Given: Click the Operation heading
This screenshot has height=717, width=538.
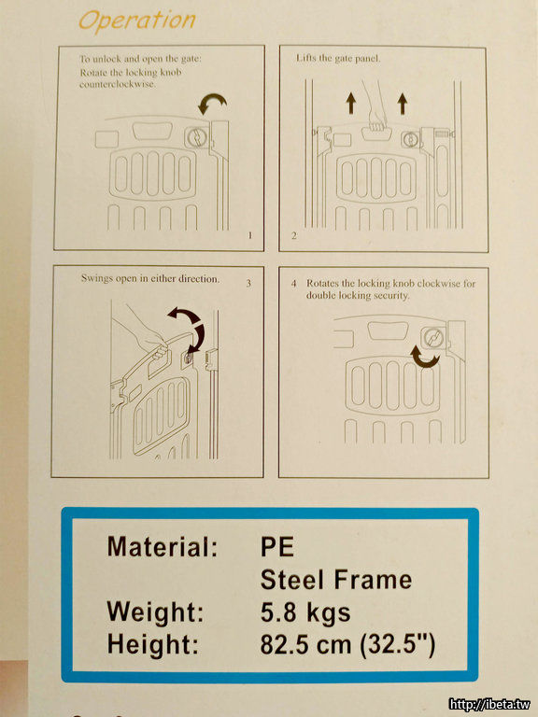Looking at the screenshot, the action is point(136,21).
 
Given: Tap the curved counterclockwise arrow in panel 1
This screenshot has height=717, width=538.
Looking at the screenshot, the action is point(211,102).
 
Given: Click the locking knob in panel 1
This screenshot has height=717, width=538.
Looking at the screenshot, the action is point(196,136).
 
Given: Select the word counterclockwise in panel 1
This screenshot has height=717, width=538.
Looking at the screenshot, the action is point(117,85).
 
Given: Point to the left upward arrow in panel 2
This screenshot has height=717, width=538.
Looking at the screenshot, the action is point(351,103).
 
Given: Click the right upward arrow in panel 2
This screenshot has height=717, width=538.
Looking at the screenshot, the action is point(403,104).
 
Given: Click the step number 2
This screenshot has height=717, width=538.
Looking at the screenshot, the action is point(293,235).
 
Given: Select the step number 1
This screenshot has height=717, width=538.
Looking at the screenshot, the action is point(249,235).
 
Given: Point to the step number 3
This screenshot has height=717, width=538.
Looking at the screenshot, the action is point(248,283).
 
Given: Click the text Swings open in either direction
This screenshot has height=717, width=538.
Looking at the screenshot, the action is point(150,278).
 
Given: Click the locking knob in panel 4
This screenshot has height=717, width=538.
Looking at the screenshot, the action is point(432,338).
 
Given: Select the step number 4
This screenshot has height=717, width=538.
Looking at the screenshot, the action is point(293,284).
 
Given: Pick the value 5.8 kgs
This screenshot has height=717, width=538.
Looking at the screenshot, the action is point(305,612).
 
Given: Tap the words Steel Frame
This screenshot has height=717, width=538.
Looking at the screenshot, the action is point(336,580).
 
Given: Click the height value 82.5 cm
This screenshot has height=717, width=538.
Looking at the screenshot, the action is point(305,645).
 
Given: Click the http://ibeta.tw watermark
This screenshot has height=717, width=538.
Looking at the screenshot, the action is point(489,704).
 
